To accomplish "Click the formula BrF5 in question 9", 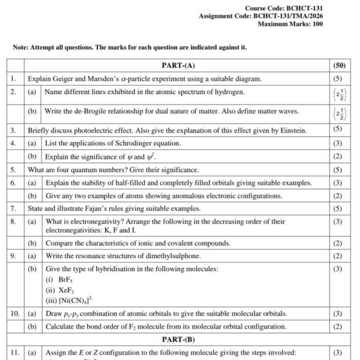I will click(58, 280).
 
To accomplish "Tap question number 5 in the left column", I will click(13, 170).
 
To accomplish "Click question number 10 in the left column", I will click(14, 314).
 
